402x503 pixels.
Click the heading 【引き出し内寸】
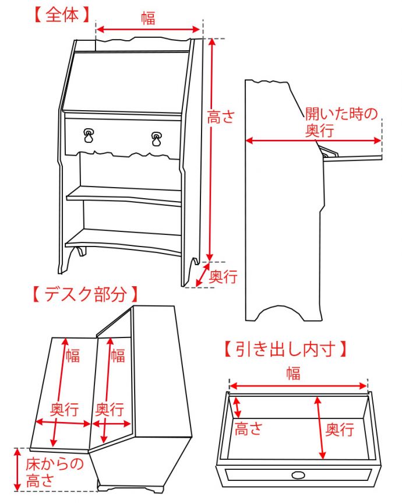[x=286, y=349]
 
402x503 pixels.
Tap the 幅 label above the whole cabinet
[x=148, y=18]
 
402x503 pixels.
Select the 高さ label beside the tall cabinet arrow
[x=221, y=117]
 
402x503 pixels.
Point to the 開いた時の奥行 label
[x=341, y=122]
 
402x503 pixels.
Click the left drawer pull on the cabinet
[x=89, y=136]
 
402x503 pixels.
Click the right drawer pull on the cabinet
[x=157, y=139]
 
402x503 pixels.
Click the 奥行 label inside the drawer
[x=339, y=430]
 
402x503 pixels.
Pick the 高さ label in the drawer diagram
[x=248, y=430]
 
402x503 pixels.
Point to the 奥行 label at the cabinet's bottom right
[x=223, y=276]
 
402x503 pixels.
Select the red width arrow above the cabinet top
[x=148, y=29]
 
